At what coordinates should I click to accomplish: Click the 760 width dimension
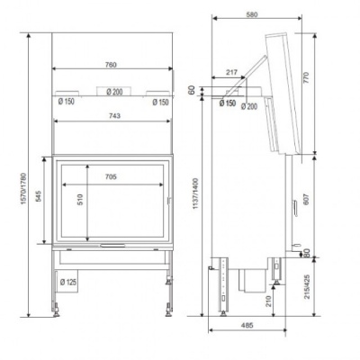point(111,64)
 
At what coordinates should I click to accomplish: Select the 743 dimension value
point(111,116)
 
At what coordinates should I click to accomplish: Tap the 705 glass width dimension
point(112,177)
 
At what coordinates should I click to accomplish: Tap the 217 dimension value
point(231,72)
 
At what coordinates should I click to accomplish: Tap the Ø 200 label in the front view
point(113,91)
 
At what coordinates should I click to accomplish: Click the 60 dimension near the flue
point(192,89)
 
